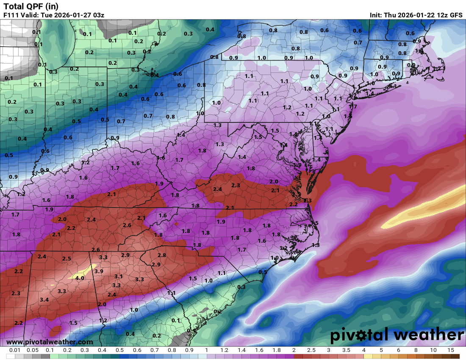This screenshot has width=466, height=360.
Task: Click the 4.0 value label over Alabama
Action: point(79,278)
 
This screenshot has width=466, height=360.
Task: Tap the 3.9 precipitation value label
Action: point(99,271)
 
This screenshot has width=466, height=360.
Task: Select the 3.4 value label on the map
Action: point(44,300)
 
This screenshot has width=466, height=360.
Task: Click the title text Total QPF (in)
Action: point(31,6)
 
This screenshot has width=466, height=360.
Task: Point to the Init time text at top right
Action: point(416,15)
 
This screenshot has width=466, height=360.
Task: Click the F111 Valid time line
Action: point(54,15)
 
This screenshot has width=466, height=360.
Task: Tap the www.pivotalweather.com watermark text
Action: point(50,342)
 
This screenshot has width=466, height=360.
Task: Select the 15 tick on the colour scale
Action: point(450,350)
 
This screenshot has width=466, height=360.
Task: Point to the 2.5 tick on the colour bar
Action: point(311,350)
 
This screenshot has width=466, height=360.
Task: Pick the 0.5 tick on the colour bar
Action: point(119,350)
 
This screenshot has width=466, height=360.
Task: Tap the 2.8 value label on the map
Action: point(161,255)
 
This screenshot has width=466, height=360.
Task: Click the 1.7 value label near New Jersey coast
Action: point(352,107)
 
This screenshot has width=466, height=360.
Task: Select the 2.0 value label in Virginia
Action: point(274,182)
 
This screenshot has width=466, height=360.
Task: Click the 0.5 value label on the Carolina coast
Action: point(263,272)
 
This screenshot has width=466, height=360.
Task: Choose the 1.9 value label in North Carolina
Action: point(221,222)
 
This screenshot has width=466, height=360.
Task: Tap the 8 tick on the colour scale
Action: point(416,350)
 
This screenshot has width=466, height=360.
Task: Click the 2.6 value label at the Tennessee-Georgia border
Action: point(96,250)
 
